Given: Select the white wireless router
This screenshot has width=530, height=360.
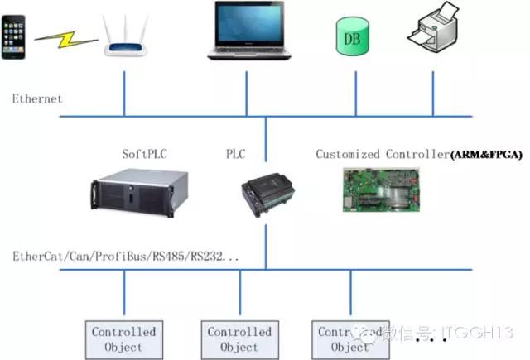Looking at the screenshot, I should click(x=125, y=38).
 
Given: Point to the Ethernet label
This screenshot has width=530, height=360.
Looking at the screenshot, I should click(x=36, y=99).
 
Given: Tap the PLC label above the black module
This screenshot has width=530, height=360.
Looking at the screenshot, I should click(x=236, y=154).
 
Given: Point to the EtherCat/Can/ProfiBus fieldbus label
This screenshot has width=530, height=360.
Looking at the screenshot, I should click(x=125, y=257).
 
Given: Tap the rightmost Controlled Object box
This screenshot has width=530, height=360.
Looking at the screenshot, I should click(x=350, y=339).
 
